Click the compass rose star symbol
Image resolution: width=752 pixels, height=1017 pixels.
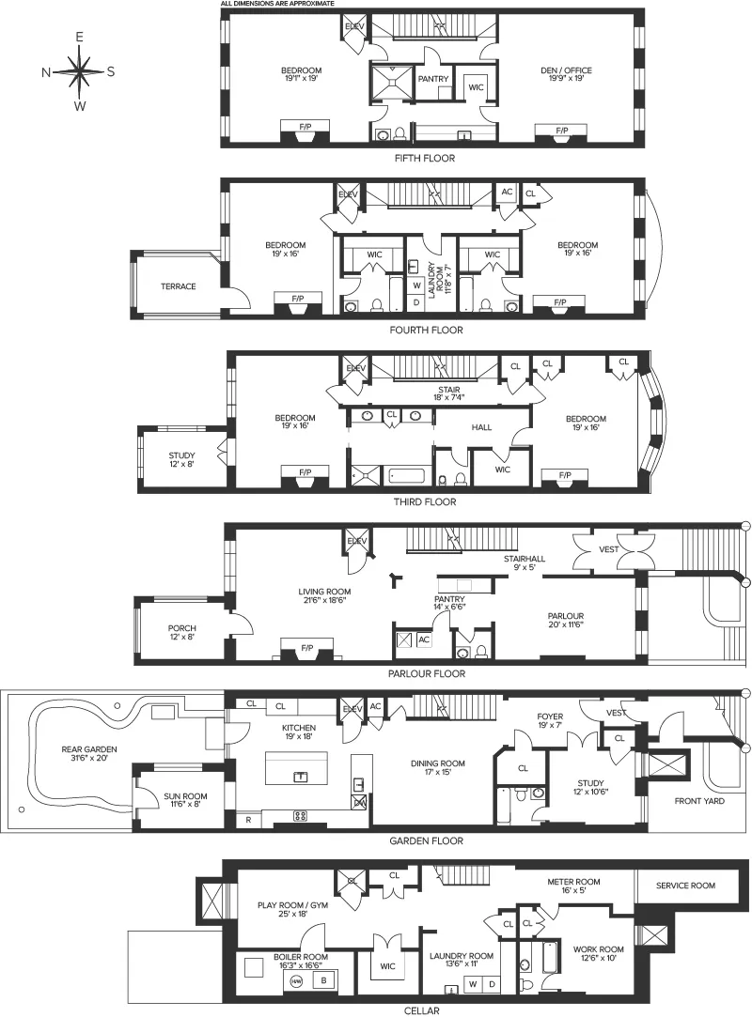80,71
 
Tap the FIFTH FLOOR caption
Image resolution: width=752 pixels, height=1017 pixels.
426,159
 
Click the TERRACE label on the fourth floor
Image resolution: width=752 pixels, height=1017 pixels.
178,286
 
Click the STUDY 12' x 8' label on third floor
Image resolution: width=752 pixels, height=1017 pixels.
182,461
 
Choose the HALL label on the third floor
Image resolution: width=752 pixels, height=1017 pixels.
481,427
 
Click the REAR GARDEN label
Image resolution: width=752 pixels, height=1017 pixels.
86,753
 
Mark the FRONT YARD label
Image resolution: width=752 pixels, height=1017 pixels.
699,801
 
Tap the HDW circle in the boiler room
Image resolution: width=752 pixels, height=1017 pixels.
296,980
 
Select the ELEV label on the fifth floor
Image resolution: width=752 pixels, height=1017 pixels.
354,26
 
